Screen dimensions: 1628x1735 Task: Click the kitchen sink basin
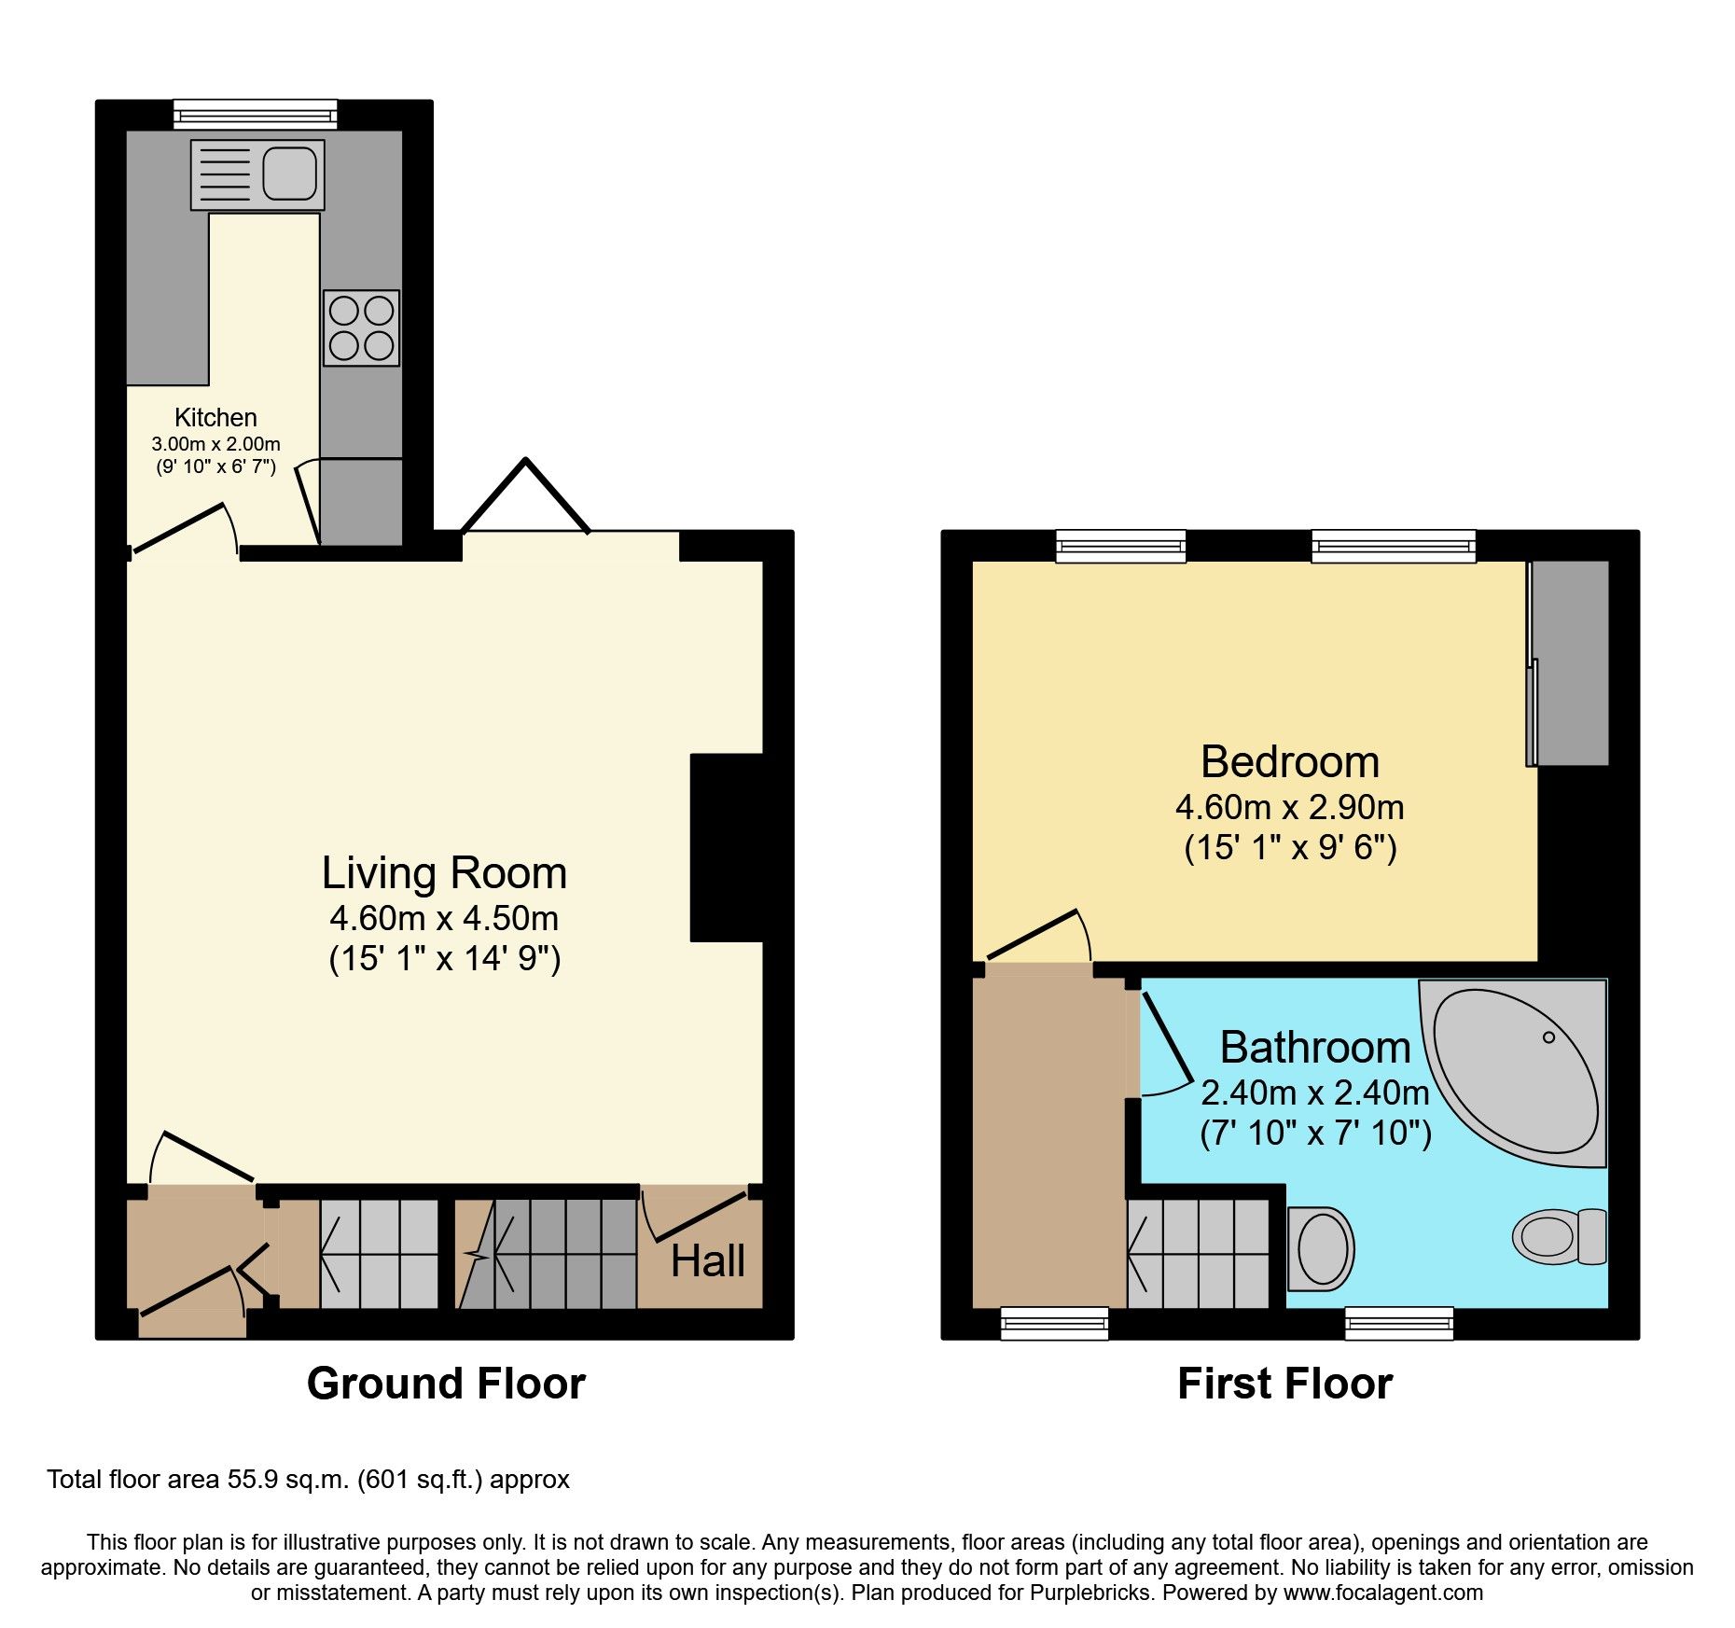tap(288, 174)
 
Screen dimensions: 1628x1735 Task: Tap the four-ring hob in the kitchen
tap(361, 327)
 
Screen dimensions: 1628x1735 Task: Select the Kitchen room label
tap(215, 417)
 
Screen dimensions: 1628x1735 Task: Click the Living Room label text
tap(444, 873)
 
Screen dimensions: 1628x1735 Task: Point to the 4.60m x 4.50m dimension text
tap(444, 918)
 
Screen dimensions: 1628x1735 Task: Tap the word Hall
tap(707, 1261)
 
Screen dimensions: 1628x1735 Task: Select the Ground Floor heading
tap(446, 1383)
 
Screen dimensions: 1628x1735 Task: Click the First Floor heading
tap(1284, 1383)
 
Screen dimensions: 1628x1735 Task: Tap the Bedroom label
tap(1290, 761)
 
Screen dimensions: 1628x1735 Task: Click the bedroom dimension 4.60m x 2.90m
tap(1290, 806)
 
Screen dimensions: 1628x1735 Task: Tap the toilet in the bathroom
tap(1558, 1237)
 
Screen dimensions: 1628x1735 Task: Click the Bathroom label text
tap(1315, 1047)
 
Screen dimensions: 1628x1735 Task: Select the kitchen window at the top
tap(255, 115)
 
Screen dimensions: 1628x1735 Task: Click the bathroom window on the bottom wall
tap(1398, 1322)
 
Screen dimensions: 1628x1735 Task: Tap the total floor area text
tap(308, 1480)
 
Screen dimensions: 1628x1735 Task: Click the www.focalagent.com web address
tap(1382, 1593)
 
